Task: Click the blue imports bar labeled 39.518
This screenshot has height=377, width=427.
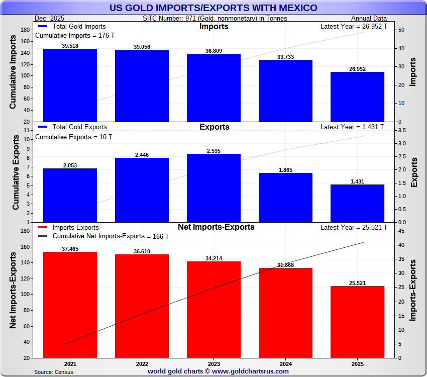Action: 70,85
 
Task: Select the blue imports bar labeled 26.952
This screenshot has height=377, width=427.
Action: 357,97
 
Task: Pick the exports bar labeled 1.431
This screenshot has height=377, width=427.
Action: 357,203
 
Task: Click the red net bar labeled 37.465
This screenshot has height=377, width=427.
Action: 70,305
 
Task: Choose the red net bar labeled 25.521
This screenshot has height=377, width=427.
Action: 357,322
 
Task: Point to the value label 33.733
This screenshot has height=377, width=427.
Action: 285,56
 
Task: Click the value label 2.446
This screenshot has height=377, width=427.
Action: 142,154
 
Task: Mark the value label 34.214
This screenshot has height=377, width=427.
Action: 213,258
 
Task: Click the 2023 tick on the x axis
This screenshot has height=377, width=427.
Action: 213,363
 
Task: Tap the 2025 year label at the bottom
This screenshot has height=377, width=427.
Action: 357,363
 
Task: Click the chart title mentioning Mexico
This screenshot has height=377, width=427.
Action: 213,8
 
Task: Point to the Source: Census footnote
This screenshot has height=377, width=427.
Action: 54,372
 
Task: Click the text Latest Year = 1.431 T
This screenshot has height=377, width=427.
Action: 354,127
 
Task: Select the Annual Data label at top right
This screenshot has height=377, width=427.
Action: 369,18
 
